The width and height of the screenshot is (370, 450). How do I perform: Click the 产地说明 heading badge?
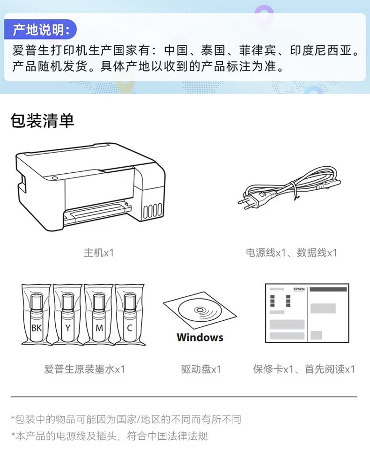(x=40, y=30)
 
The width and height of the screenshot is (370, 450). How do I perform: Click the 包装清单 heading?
(x=42, y=120)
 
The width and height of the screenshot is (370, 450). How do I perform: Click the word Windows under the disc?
(x=200, y=337)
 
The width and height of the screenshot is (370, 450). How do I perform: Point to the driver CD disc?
(x=200, y=310)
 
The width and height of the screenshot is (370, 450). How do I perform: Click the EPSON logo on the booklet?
(x=299, y=289)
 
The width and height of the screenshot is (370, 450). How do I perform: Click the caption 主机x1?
(x=99, y=252)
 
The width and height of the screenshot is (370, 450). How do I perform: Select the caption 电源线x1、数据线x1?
(x=291, y=252)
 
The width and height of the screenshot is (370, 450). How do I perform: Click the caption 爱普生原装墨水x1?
(x=85, y=369)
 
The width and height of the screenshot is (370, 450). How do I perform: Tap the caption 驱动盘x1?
(x=201, y=369)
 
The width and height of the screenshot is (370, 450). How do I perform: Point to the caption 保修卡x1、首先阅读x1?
(x=304, y=369)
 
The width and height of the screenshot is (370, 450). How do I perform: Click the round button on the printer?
(x=54, y=178)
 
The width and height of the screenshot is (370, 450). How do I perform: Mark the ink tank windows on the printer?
(x=152, y=211)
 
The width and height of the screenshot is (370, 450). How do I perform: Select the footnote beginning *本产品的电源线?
(x=110, y=436)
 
